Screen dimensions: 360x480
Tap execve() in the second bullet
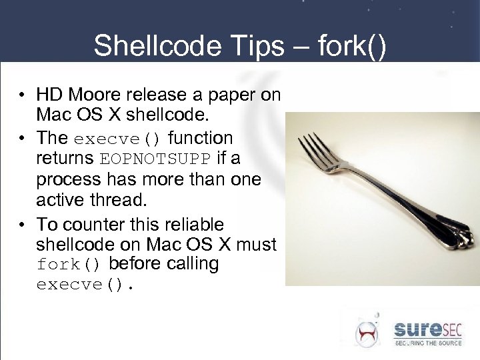tap(118, 139)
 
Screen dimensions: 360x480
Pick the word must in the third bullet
tap(256, 245)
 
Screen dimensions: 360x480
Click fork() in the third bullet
tap(69, 265)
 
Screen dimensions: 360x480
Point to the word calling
tap(186, 264)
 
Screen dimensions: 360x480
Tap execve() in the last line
tap(85, 286)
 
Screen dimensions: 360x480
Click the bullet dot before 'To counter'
tap(23, 224)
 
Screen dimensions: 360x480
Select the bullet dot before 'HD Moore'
tap(23, 95)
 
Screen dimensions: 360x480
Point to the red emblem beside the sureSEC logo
tap(367, 332)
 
